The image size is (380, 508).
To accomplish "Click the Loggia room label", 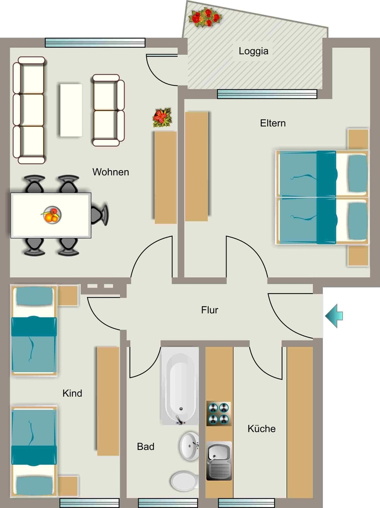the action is tap(253, 51).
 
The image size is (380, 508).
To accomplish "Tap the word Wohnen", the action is tap(111, 172).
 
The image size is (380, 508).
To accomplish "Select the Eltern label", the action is tap(273, 123).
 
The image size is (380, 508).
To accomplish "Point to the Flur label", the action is tap(210, 310).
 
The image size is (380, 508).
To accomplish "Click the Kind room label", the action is tap(72, 393).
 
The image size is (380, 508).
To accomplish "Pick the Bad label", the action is tap(146, 446).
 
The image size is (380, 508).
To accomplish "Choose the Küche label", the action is tap(262, 429).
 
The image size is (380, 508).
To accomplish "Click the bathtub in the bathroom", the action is tap(180, 386).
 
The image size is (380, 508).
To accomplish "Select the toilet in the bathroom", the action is tap(184, 481).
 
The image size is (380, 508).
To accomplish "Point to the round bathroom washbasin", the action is tap(189, 446).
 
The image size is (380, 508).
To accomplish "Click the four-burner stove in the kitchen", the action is tap(219, 414).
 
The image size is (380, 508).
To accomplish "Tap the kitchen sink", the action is tap(220, 460).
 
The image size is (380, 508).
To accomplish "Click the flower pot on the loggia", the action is tap(205, 17).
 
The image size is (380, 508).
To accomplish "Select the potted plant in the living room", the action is tap(162, 118).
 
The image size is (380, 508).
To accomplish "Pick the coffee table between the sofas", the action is tap(71, 110).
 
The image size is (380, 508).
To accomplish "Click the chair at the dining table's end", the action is tap(99, 214).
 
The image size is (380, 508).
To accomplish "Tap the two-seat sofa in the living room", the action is tap(108, 110).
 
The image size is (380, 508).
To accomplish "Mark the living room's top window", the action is tap(95, 43).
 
